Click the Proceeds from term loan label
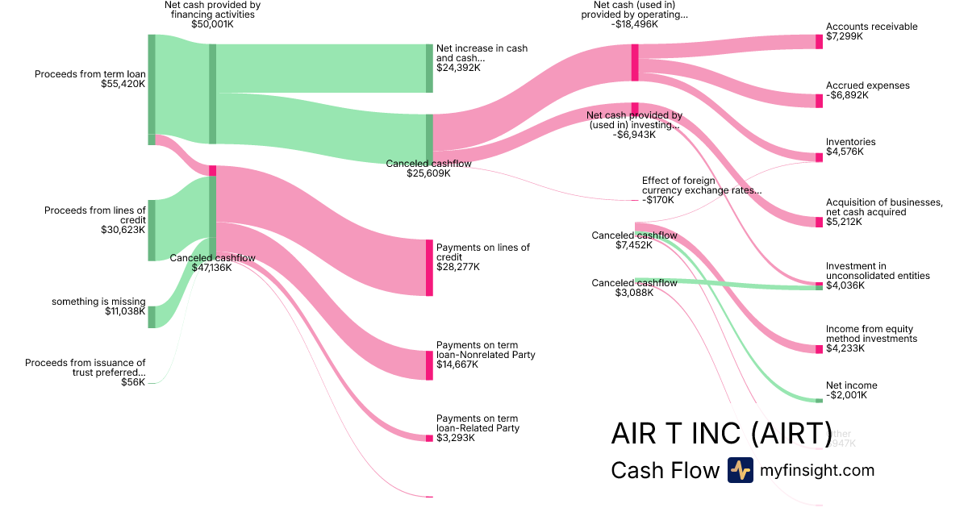(x=90, y=73)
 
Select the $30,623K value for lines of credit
(x=124, y=230)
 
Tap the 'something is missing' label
(x=98, y=302)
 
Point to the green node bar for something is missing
(x=152, y=317)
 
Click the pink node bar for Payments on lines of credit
(x=429, y=268)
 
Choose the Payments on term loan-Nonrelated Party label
(x=485, y=350)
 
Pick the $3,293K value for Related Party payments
(x=456, y=438)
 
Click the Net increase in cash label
(x=482, y=53)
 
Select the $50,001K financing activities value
(x=212, y=24)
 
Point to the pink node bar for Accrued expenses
(x=819, y=101)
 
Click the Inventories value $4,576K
(x=845, y=152)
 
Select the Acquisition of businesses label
(x=883, y=206)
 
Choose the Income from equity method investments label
(x=871, y=334)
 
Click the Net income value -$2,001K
(x=846, y=396)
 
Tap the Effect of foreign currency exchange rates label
(x=701, y=185)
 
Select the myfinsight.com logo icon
(x=740, y=470)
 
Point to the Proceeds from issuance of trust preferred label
(x=86, y=368)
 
